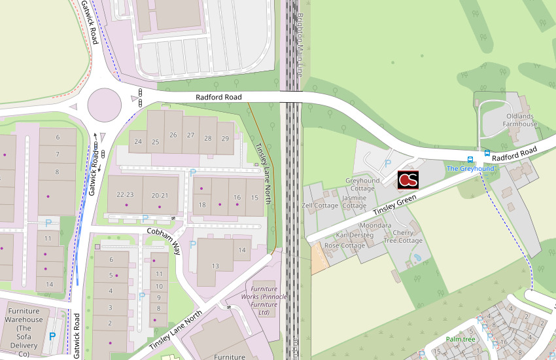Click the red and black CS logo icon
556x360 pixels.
click(408, 179)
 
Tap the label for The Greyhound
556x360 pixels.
click(470, 169)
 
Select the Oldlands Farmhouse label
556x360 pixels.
click(521, 120)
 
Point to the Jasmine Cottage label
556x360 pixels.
click(355, 201)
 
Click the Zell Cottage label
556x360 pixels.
click(320, 206)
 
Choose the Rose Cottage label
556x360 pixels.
click(345, 245)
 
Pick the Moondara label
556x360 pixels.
click(375, 225)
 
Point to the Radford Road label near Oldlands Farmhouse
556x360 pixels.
click(514, 154)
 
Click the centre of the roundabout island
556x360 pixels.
click(104, 102)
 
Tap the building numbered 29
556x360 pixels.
click(225, 138)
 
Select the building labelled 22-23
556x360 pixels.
click(124, 195)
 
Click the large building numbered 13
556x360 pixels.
click(215, 265)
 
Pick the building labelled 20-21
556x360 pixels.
click(160, 195)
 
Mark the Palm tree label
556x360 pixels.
click(460, 339)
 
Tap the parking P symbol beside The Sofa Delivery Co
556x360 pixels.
click(52, 336)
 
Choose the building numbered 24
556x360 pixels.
click(138, 141)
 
